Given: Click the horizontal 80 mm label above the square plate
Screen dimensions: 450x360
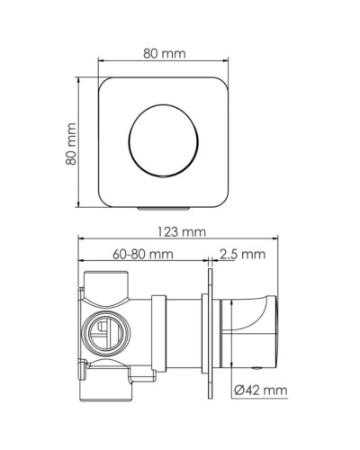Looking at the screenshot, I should (164, 54).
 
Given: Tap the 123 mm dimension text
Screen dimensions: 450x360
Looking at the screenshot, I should (180, 231).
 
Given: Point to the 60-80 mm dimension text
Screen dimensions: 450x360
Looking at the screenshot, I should (144, 255).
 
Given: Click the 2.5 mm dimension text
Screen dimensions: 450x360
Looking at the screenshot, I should (243, 255).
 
